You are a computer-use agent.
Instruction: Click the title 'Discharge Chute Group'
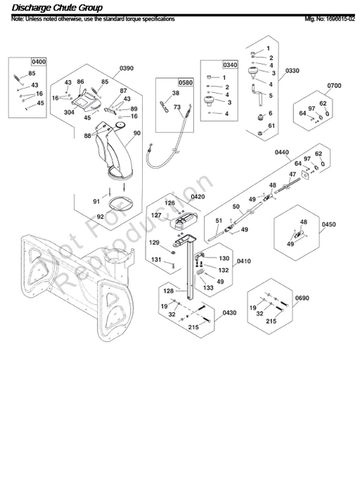coord(57,8)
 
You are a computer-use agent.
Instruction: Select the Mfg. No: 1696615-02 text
coord(326,18)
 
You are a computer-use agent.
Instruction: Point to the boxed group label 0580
coord(165,82)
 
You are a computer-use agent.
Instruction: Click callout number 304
coord(69,111)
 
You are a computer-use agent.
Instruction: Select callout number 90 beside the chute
coord(136,133)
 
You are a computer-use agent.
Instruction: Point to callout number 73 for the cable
coord(178,107)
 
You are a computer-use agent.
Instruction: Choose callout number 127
coord(157,215)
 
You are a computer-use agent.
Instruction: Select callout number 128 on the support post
coord(169,290)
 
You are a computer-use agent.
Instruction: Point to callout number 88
coord(88,135)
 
